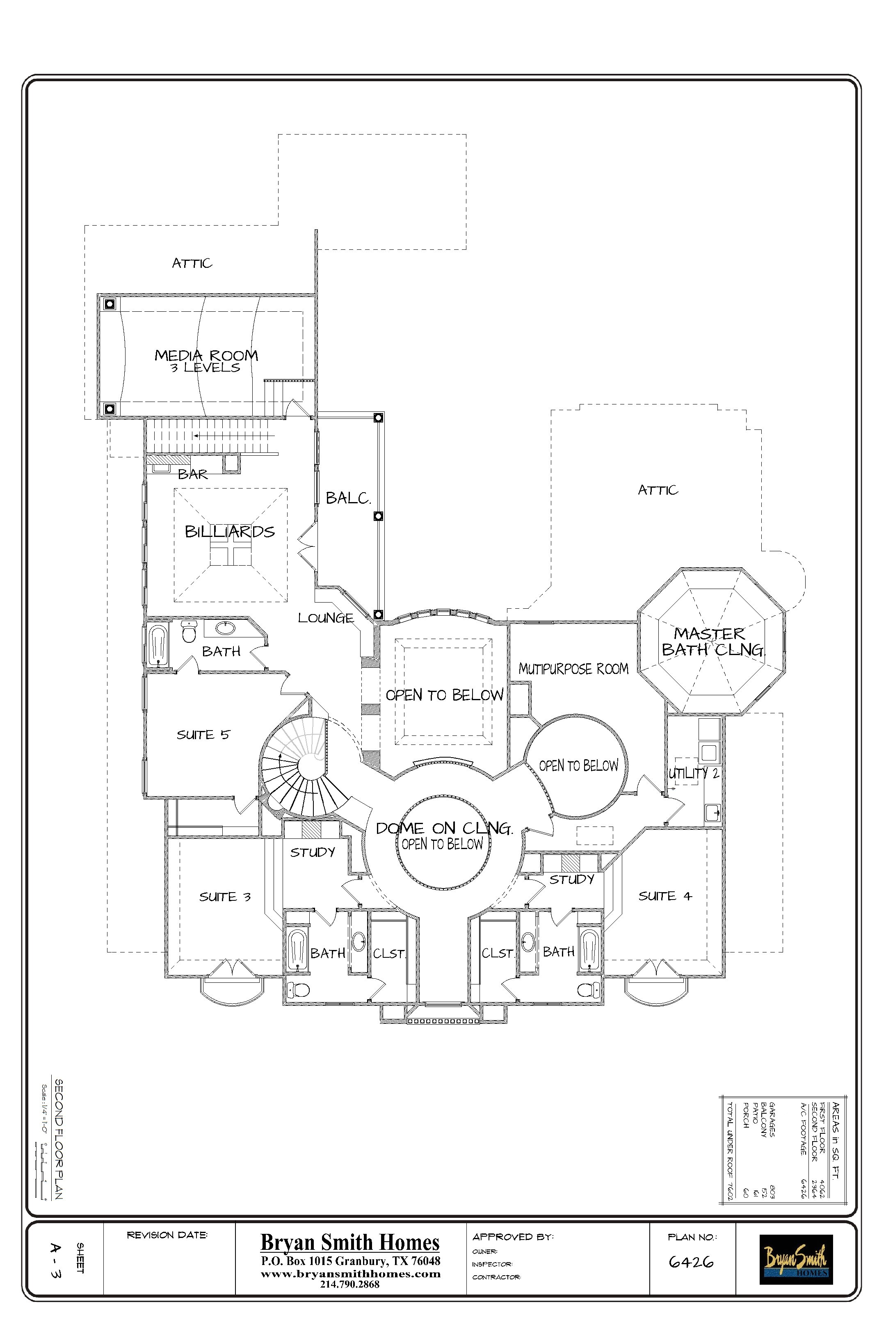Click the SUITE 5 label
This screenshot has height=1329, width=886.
[203, 735]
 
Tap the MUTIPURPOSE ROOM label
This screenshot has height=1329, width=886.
[573, 669]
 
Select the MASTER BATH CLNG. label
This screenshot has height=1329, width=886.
[712, 642]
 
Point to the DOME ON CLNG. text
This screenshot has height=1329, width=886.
[444, 828]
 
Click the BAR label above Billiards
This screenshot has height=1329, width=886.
[193, 474]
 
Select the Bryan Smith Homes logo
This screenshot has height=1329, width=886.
[796, 1259]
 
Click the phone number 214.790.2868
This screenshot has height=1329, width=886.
[350, 1284]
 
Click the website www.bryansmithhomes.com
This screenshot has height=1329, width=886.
[350, 1274]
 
